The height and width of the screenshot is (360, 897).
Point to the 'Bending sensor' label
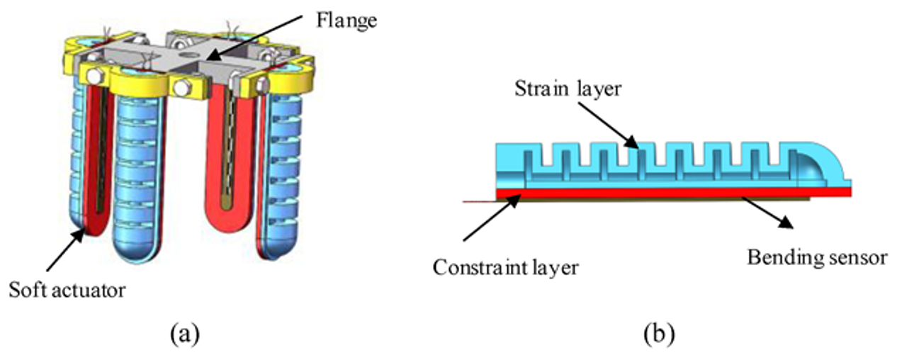(x=817, y=257)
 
